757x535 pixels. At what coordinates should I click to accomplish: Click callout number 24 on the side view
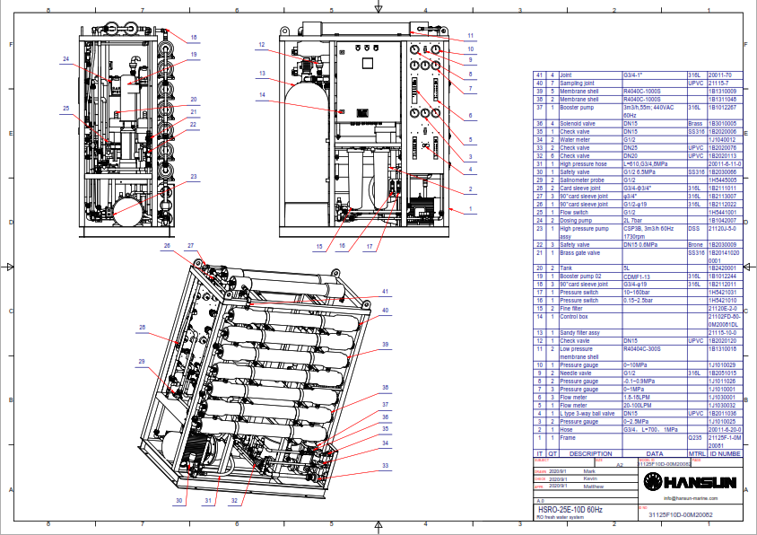click(x=65, y=59)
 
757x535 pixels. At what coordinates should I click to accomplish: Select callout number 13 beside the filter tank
click(x=263, y=73)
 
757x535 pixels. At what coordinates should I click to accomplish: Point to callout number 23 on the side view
click(x=194, y=177)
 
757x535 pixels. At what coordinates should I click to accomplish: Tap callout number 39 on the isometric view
click(x=386, y=345)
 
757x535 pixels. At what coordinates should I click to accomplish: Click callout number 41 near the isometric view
click(x=386, y=292)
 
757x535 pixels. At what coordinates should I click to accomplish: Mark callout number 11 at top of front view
click(x=470, y=35)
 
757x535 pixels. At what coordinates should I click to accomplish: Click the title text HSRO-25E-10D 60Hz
click(x=570, y=509)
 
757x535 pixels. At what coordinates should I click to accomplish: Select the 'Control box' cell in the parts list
click(x=576, y=316)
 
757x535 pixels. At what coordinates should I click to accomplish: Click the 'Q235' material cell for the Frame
click(x=692, y=437)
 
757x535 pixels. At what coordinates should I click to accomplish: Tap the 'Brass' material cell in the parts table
click(x=694, y=123)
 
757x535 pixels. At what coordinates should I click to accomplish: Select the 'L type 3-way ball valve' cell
click(x=587, y=413)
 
